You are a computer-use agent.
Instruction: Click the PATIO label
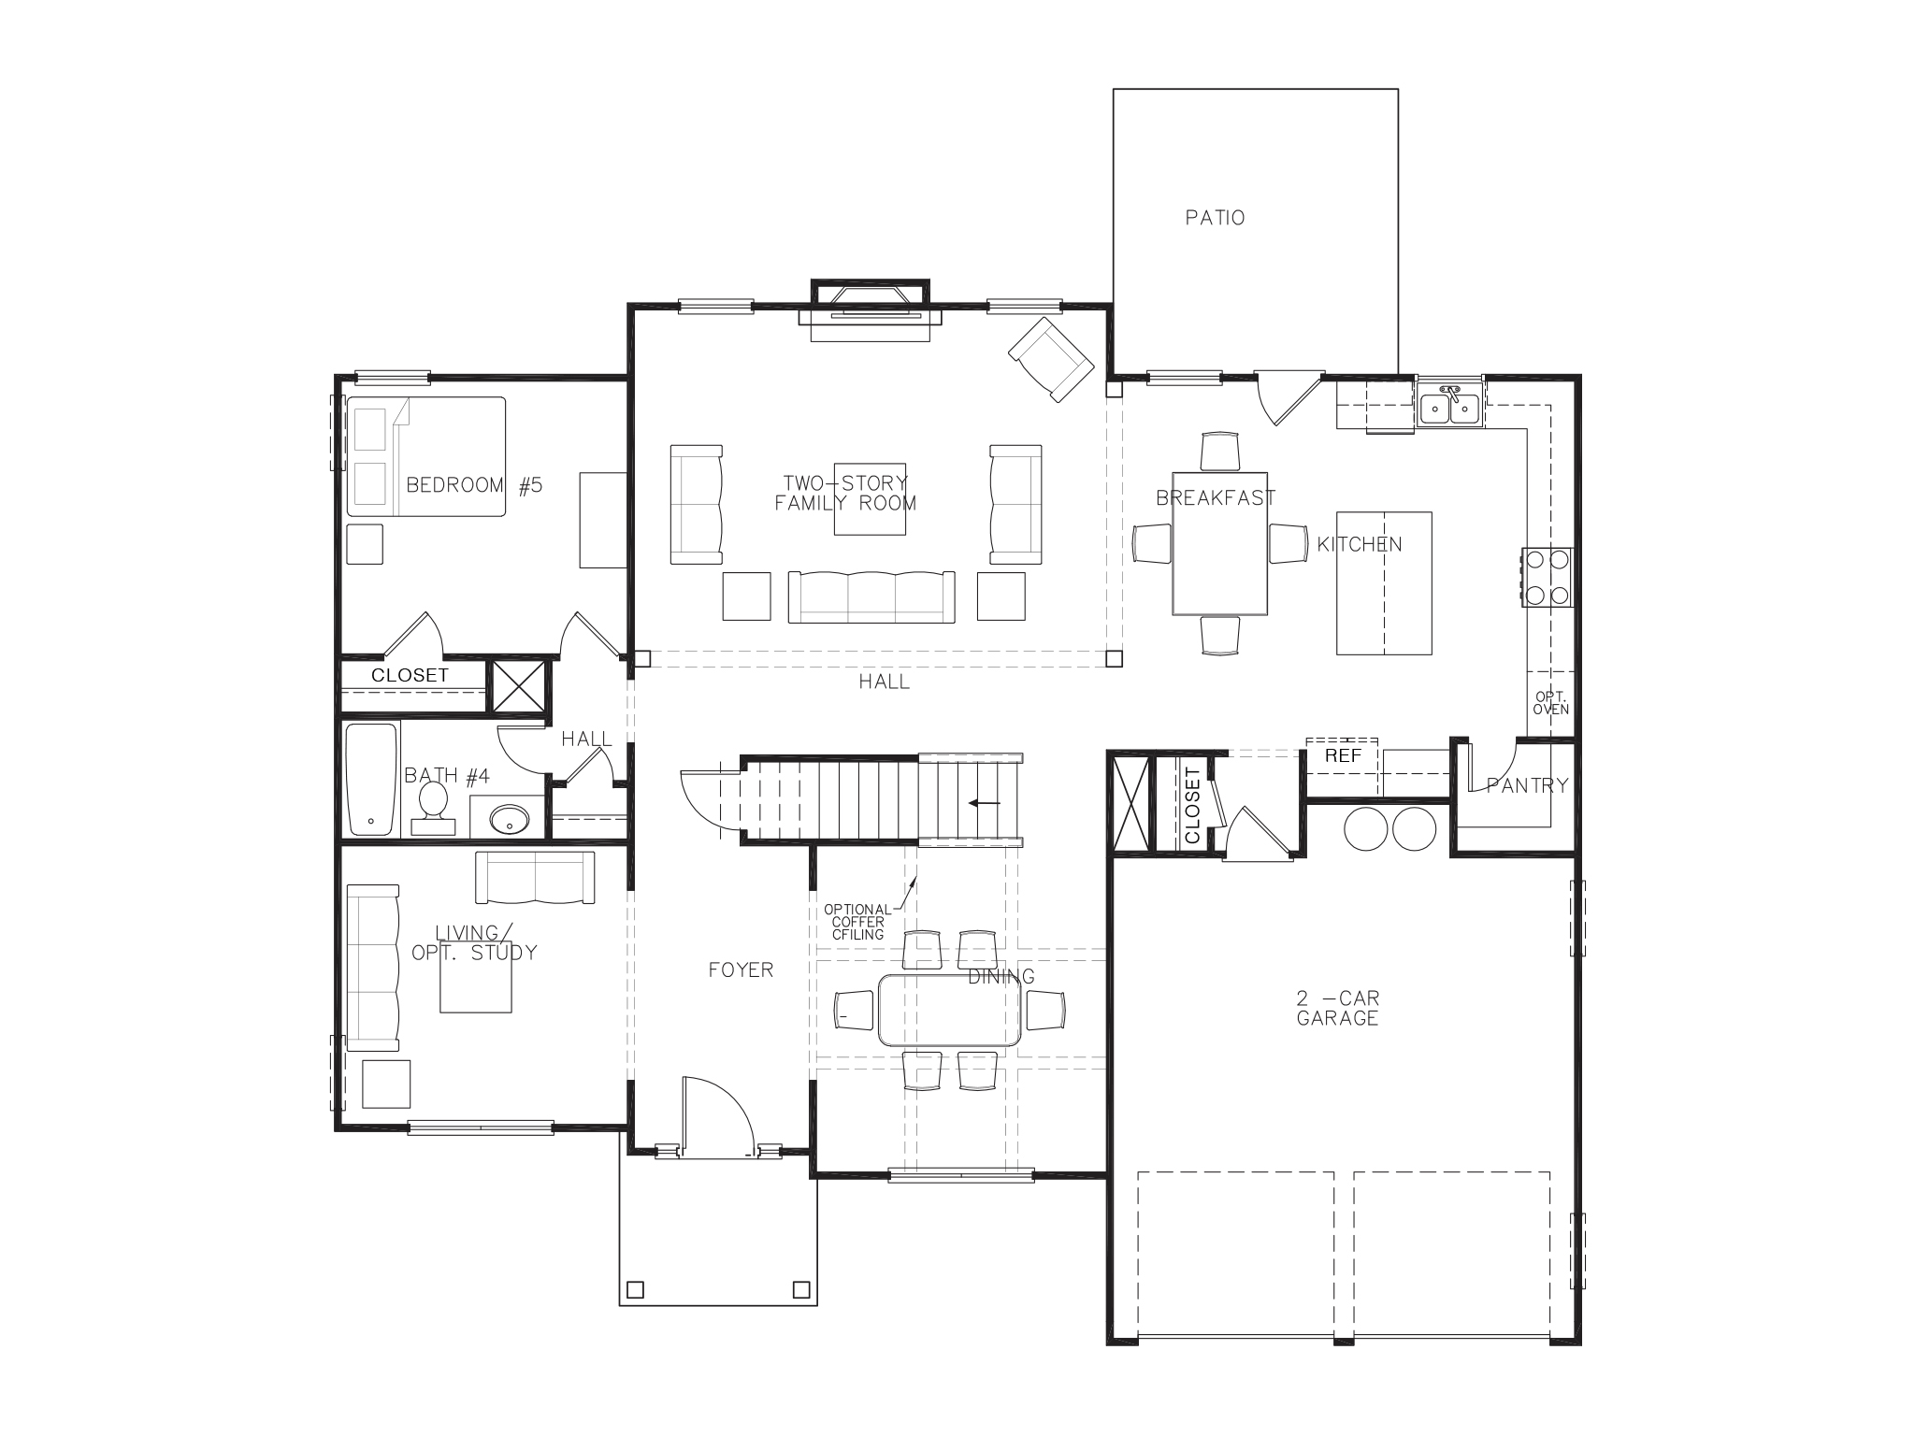pyautogui.click(x=1215, y=218)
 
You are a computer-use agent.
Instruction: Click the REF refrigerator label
pyautogui.click(x=1343, y=755)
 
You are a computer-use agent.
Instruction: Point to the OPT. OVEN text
pyautogui.click(x=1551, y=703)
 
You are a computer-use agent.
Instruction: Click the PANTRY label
pyautogui.click(x=1527, y=785)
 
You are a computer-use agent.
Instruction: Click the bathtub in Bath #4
pyautogui.click(x=371, y=780)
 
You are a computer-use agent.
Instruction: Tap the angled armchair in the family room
pyautogui.click(x=1051, y=359)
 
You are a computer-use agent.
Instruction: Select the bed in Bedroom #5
pyautogui.click(x=426, y=456)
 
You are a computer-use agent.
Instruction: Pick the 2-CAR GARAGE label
pyautogui.click(x=1337, y=1008)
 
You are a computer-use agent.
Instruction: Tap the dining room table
pyautogui.click(x=948, y=1011)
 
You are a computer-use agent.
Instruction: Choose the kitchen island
pyautogui.click(x=1384, y=582)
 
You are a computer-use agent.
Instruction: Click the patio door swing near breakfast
pyautogui.click(x=1286, y=396)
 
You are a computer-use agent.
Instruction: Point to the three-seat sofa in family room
pyautogui.click(x=871, y=596)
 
